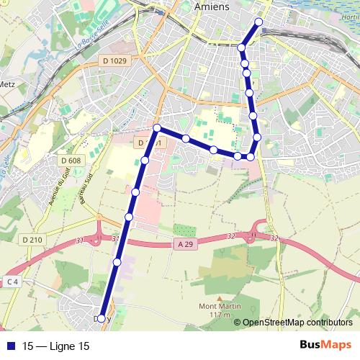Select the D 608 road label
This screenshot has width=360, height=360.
coord(71,160)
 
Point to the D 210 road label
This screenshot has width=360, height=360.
coord(32,239)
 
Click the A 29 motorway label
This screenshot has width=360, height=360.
coord(184,246)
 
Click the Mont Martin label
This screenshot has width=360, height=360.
coord(219,306)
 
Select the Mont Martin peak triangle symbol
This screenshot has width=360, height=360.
coord(219,297)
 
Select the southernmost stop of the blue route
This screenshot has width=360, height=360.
coord(101,318)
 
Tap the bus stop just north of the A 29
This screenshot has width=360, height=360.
coord(129,217)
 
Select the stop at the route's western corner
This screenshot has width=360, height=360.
coord(157,128)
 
